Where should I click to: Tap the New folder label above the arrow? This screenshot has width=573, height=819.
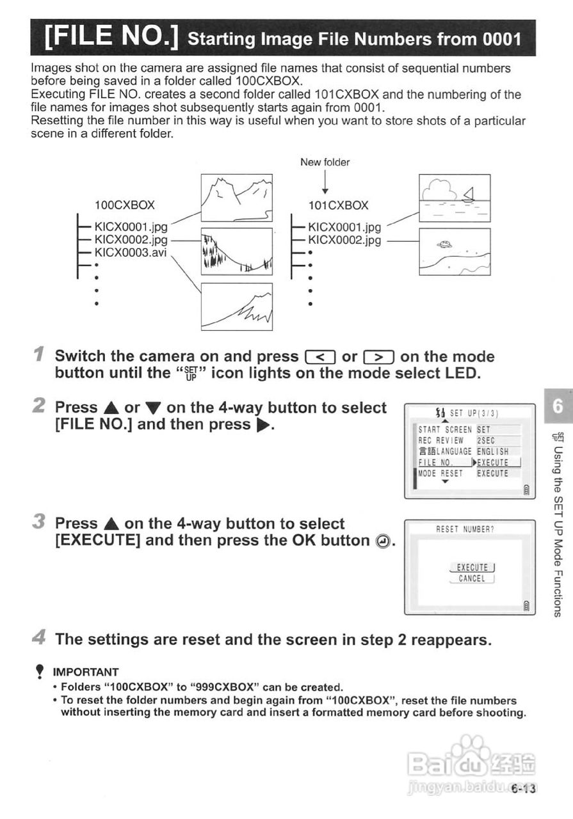325,162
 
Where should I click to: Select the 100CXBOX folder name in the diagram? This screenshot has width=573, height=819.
124,205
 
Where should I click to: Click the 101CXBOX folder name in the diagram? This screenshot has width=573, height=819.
338,205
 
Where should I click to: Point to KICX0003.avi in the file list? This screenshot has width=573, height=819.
131,253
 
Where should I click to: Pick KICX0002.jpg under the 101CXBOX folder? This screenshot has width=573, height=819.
344,240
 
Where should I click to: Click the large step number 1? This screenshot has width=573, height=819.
39,354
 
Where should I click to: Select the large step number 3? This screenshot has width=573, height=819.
39,521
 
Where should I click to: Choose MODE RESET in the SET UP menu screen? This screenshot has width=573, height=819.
440,473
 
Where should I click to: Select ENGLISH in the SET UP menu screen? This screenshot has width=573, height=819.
492,452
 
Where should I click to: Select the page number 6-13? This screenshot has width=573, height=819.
523,788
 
